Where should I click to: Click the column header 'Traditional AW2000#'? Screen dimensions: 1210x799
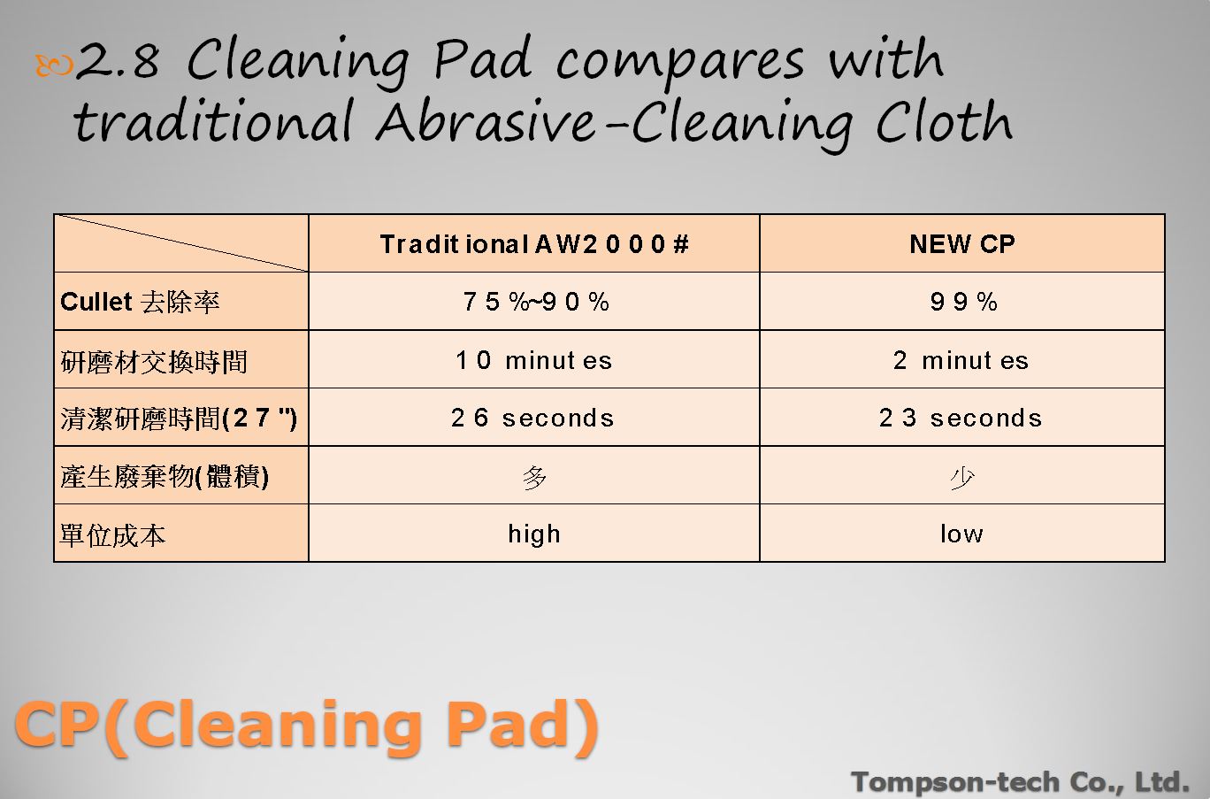coord(534,244)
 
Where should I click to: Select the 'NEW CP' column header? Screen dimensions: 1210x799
coord(962,244)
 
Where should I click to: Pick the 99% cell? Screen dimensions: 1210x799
coord(963,302)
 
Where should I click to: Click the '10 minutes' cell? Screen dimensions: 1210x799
coord(533,360)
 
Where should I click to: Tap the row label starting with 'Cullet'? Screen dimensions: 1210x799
coord(140,302)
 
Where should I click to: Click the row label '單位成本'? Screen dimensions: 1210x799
coord(112,535)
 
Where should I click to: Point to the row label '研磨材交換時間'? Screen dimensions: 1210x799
coord(154,361)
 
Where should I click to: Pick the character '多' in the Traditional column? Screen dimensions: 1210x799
coord(534,478)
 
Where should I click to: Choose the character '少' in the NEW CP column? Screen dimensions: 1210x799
coord(962,478)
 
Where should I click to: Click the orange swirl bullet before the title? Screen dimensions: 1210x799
coord(54,65)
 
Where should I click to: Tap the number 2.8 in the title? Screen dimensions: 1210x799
coord(118,60)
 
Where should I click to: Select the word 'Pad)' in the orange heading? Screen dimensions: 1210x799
coord(521,725)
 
